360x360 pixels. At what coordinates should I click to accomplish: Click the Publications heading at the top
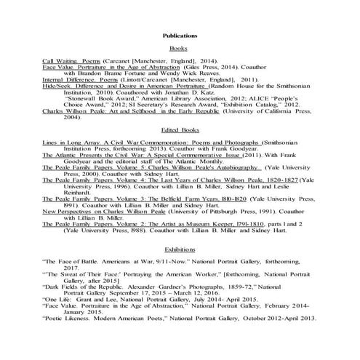pyautogui.click(x=179, y=35)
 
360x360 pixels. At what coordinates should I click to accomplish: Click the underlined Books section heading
pyautogui.click(x=179, y=47)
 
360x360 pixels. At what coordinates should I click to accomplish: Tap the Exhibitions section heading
pyautogui.click(x=179, y=249)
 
